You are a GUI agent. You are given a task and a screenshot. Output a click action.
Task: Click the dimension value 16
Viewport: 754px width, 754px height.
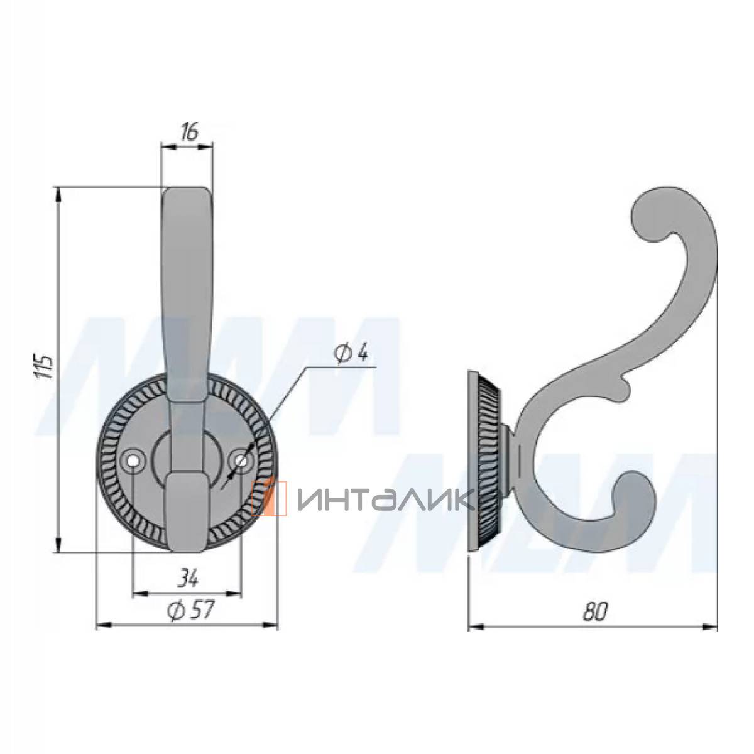click(x=190, y=132)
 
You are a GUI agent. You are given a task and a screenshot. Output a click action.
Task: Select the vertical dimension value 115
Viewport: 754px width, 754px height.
click(x=44, y=366)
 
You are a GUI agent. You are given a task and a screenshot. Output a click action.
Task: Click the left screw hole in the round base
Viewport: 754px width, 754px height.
click(x=133, y=461)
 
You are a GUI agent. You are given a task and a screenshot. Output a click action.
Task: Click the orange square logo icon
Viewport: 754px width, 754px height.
click(x=269, y=498)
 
